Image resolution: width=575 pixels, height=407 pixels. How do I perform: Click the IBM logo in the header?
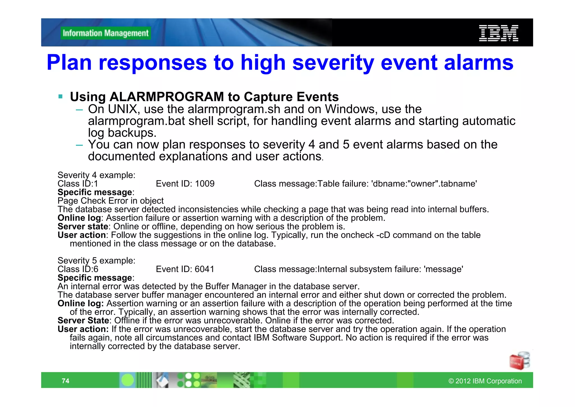click(498, 33)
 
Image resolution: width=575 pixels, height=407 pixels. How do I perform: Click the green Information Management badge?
click(106, 33)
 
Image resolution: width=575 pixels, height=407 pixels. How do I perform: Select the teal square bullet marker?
click(60, 96)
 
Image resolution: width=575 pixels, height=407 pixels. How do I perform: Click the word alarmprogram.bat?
click(136, 121)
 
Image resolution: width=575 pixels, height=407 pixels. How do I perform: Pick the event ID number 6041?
click(204, 269)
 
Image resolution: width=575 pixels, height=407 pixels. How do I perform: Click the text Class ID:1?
click(78, 184)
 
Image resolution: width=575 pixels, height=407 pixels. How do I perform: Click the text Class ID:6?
click(78, 269)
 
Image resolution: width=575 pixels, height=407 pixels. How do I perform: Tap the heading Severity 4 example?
click(96, 175)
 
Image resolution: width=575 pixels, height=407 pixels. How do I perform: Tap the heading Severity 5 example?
click(96, 261)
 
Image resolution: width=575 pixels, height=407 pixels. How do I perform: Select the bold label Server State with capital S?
click(83, 321)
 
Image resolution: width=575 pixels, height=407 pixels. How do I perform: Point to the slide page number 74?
click(65, 381)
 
